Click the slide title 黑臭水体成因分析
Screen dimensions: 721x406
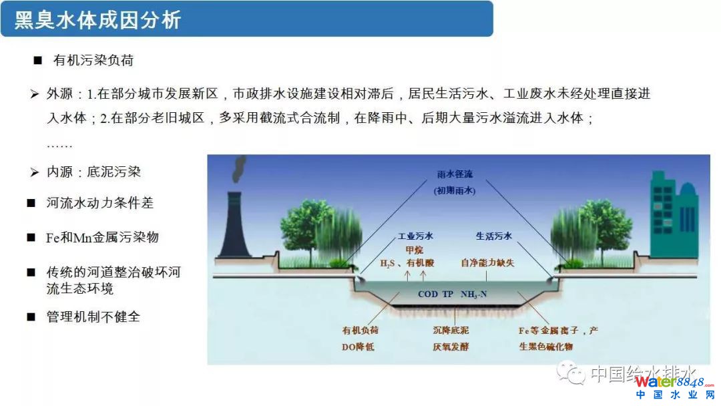(97, 20)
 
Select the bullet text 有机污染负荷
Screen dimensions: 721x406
(93, 60)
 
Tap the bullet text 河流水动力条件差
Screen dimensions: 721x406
(99, 203)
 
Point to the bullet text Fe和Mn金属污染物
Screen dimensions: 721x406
(102, 237)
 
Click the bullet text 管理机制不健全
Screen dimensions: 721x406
(93, 317)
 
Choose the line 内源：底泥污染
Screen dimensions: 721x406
(93, 172)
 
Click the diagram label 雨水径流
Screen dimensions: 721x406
(455, 174)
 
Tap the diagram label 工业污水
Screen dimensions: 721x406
(415, 236)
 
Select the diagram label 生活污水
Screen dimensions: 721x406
(494, 236)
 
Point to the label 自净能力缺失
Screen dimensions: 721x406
(487, 263)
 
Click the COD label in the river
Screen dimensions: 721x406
(428, 294)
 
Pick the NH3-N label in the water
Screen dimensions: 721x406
(473, 294)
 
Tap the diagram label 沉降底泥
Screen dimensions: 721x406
(451, 331)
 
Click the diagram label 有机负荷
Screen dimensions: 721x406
(360, 331)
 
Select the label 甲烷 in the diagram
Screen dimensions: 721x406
(415, 250)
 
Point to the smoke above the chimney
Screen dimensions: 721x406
(238, 168)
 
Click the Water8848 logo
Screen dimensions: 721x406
(674, 387)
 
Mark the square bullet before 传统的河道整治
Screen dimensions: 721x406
(31, 272)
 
